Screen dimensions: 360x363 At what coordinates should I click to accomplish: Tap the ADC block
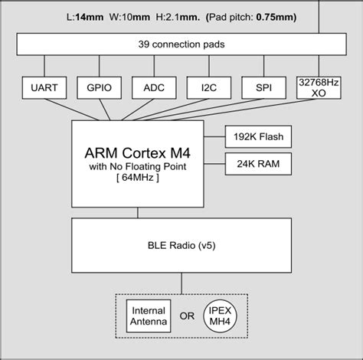point(155,88)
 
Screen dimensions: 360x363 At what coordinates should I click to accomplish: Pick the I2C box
point(210,88)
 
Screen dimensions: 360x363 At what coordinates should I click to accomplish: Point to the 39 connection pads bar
point(181,45)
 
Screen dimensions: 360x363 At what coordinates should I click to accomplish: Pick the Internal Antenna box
point(149,317)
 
